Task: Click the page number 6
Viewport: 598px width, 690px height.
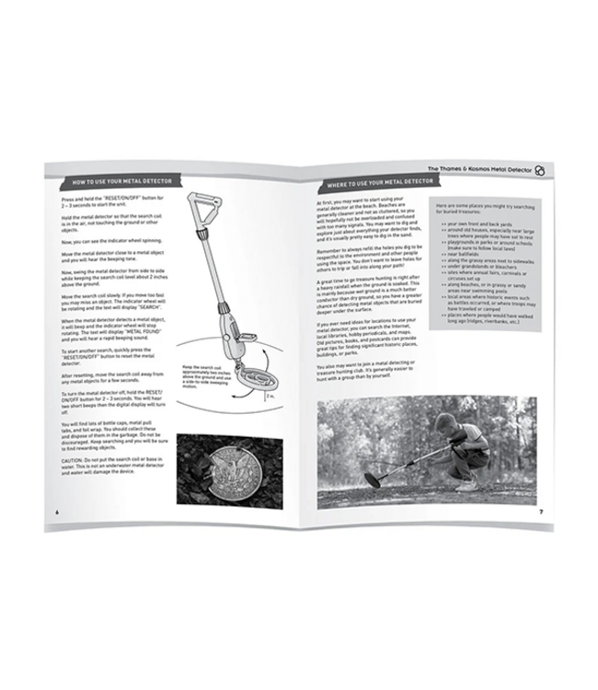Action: coord(57,512)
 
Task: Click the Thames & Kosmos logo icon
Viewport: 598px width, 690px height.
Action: coord(551,172)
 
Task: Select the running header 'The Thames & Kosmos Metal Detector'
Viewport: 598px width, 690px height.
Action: coord(487,171)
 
